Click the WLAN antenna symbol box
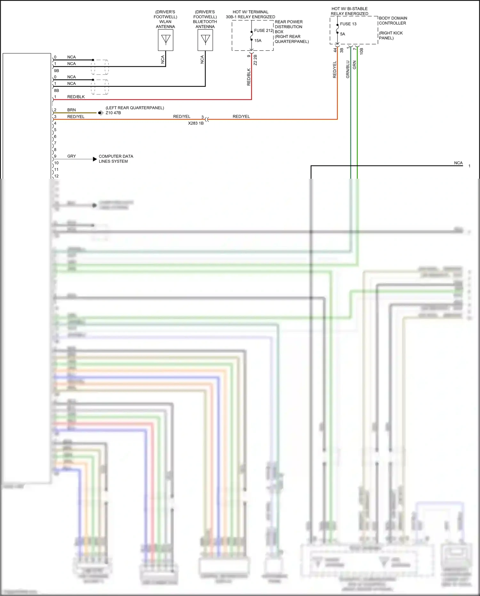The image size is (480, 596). click(165, 40)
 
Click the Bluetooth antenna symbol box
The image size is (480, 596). click(205, 40)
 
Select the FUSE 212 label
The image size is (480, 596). click(263, 30)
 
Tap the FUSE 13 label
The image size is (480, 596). click(348, 24)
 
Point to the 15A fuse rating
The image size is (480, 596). click(258, 41)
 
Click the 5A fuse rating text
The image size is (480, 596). click(342, 34)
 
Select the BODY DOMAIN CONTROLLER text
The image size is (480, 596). click(393, 20)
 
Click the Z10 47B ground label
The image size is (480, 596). click(113, 113)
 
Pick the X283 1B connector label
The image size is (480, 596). click(196, 123)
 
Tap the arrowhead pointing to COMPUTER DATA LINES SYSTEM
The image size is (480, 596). click(95, 159)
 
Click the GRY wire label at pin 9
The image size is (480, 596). click(71, 156)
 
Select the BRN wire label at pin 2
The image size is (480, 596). click(71, 110)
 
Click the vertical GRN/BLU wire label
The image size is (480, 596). click(348, 69)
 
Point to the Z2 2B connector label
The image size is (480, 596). click(255, 60)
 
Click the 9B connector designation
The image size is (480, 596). click(56, 70)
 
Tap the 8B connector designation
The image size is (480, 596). click(56, 90)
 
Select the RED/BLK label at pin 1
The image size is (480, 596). click(76, 97)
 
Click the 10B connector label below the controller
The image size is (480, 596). click(361, 51)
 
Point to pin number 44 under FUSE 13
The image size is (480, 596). click(335, 50)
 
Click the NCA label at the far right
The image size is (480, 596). click(458, 163)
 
